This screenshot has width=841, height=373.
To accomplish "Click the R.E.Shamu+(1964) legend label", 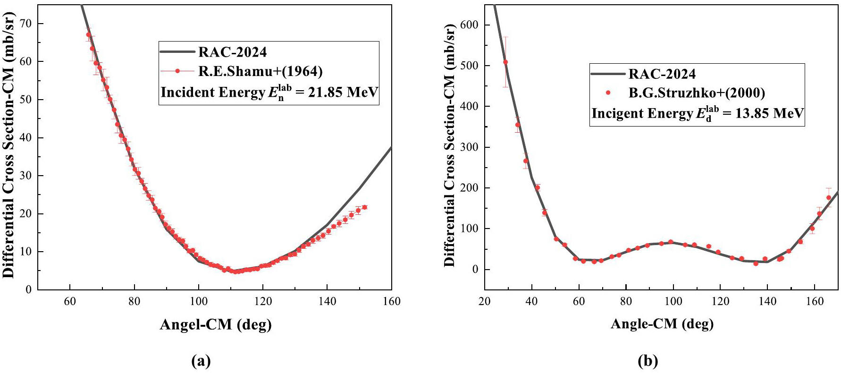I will [x=260, y=71].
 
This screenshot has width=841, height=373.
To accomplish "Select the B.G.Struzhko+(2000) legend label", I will [x=697, y=93].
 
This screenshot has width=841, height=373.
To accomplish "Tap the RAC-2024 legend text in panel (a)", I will [x=233, y=51].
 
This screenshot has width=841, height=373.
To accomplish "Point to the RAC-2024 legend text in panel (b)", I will [x=662, y=74].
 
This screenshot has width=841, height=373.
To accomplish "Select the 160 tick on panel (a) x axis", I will [x=391, y=301].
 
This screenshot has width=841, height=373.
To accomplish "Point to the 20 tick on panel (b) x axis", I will [x=485, y=301].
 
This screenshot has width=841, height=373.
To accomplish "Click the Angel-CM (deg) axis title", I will [x=216, y=324].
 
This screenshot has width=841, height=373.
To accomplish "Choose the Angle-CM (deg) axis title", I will [x=662, y=323].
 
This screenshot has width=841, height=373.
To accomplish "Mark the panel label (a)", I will [x=201, y=361].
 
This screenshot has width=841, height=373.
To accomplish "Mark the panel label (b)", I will [x=648, y=361].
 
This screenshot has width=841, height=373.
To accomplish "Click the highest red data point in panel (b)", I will [x=505, y=62].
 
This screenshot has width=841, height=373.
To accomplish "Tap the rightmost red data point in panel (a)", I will [x=364, y=207].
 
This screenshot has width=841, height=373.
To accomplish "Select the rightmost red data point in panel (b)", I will [x=828, y=197].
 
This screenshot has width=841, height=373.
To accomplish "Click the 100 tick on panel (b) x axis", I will [x=673, y=301].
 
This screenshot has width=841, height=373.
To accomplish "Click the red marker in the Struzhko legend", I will [x=608, y=93].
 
